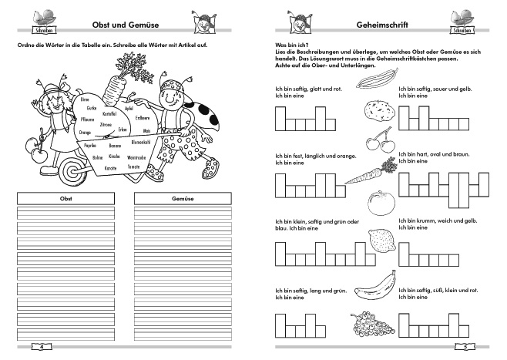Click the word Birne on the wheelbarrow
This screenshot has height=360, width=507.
(85, 99)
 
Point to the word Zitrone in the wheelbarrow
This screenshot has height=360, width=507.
(105, 124)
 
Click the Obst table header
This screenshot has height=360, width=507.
(65, 198)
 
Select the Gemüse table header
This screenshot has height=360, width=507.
(184, 198)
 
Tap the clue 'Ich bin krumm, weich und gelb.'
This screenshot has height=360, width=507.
(437, 220)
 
